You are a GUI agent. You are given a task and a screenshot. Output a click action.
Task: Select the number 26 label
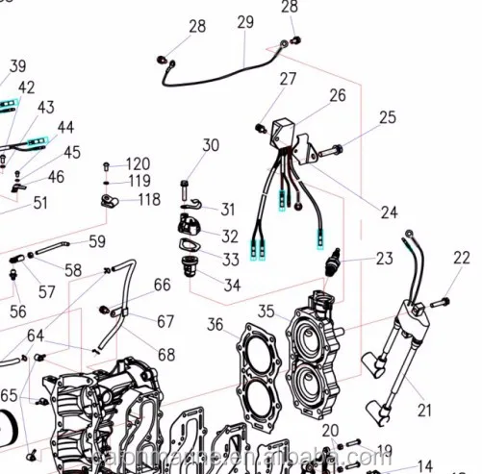point(337,95)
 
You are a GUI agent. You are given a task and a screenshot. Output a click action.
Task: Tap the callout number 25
point(387,117)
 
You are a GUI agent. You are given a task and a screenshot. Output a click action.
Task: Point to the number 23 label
point(384,258)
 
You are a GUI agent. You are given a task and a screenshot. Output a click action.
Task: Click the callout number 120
point(139,163)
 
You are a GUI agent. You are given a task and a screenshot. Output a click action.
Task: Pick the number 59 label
point(97,241)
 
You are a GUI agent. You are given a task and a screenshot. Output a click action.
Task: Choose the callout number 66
point(162,285)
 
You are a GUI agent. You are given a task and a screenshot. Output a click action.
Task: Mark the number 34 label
point(232,285)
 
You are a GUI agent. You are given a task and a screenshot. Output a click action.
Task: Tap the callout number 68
point(166,355)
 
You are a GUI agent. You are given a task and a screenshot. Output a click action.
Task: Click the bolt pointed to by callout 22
point(438,304)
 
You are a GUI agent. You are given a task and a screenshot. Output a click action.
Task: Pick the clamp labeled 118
point(109,201)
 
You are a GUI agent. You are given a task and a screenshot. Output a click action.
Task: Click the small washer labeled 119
point(107,180)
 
